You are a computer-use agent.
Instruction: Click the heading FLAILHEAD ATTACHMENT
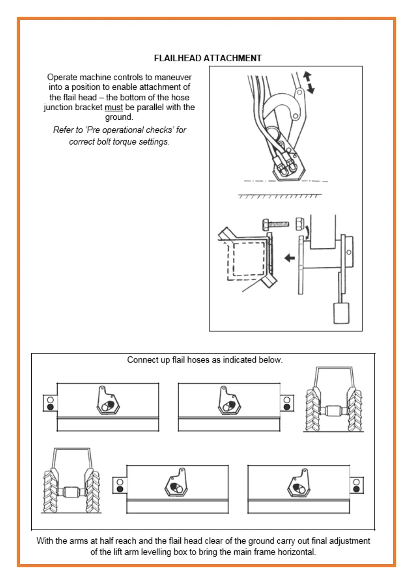[x=207, y=58]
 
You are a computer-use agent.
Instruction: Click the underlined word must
[x=114, y=108]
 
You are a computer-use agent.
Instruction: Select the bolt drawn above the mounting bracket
[x=276, y=224]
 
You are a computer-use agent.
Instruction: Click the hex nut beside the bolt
[x=300, y=223]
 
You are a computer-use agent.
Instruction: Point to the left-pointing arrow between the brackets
[x=289, y=258]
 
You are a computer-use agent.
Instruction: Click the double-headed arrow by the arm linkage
[x=309, y=82]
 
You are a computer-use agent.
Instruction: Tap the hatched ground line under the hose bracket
[x=279, y=196]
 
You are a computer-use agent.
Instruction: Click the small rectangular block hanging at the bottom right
[x=341, y=313]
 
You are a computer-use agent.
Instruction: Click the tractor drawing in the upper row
[x=334, y=400]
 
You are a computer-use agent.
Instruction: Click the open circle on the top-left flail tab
[x=50, y=400]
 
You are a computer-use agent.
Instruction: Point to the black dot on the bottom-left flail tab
[x=120, y=489]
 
